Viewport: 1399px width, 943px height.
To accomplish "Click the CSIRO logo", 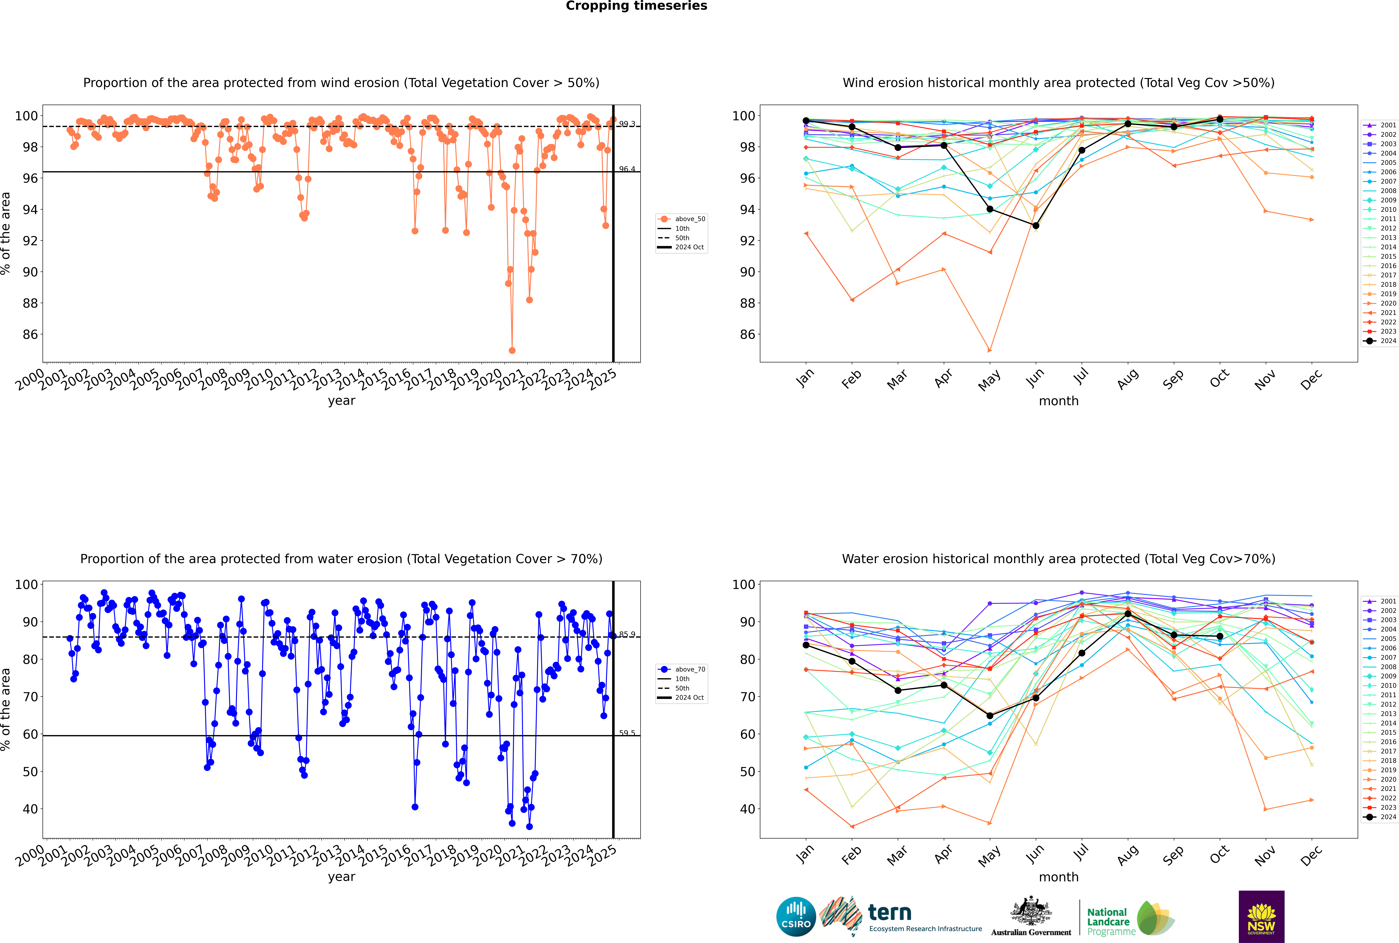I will (x=796, y=917).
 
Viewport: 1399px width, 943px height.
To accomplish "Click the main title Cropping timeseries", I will (x=636, y=6).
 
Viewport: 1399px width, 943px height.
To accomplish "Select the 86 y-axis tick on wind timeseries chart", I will (x=30, y=334).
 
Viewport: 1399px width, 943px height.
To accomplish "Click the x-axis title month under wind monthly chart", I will (x=1059, y=401).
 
